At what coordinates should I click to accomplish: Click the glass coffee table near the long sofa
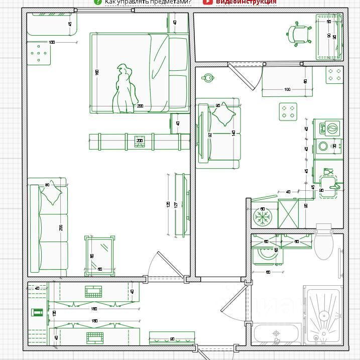point(99,255)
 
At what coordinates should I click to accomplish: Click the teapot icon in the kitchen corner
point(207,77)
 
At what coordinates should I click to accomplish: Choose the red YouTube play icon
point(208,2)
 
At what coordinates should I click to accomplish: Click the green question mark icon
point(97,2)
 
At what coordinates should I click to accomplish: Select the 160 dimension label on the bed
point(97,72)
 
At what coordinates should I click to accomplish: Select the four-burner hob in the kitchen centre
point(288,111)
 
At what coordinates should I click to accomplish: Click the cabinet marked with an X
point(288,213)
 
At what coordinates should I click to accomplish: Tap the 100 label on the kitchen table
point(287,89)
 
